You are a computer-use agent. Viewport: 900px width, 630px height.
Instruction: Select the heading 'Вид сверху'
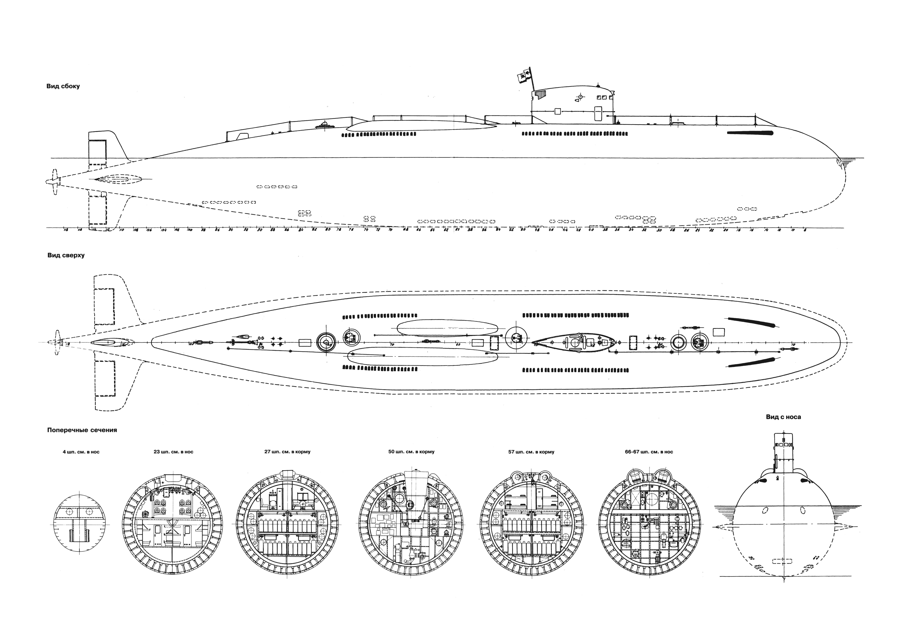click(66, 255)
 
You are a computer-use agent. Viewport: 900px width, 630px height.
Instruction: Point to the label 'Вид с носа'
click(783, 417)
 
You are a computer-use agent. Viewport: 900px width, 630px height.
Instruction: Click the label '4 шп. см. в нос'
click(81, 452)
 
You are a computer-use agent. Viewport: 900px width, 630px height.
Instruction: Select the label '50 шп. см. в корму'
click(411, 452)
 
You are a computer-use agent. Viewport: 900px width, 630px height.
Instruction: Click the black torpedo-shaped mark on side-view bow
click(750, 133)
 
